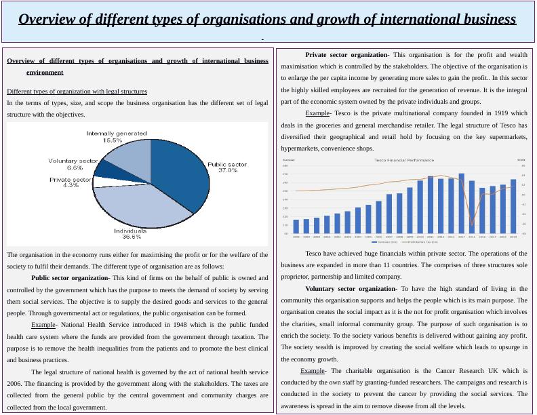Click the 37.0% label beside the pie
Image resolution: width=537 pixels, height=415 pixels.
[x=228, y=170]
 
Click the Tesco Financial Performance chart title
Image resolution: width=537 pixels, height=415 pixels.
[x=404, y=160]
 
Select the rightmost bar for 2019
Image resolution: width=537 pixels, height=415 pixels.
[x=513, y=206]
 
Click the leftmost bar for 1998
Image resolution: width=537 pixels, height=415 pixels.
[x=296, y=226]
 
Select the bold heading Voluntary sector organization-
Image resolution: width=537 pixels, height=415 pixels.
[x=351, y=289]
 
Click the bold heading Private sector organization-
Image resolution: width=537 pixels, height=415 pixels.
[x=347, y=55]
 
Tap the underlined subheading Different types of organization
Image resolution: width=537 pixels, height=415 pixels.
[x=77, y=92]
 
